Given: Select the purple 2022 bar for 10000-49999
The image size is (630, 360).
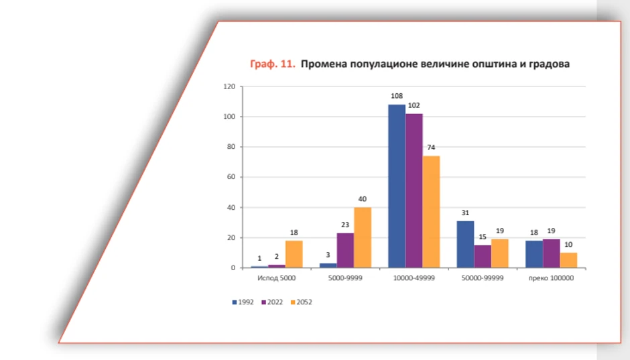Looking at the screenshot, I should [414, 191].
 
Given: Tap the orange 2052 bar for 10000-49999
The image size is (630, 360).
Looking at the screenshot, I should [431, 212].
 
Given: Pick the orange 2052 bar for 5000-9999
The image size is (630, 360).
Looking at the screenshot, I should [363, 238].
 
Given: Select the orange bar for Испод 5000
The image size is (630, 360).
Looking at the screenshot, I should [294, 255].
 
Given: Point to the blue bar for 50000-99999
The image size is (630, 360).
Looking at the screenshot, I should [466, 245].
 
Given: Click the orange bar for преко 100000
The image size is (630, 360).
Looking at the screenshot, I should [568, 261].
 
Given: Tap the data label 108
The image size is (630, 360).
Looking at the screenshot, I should [397, 97].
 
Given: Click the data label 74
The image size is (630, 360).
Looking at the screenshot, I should [431, 148].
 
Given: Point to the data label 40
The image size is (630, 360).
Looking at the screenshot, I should [363, 199].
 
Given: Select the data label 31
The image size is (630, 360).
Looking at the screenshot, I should [466, 213].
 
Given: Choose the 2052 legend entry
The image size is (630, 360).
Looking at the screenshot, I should [301, 302].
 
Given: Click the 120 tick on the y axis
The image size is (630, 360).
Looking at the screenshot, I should [229, 86].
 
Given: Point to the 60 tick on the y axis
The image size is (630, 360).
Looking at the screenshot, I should [231, 178].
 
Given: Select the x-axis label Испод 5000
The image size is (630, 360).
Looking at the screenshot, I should [276, 278].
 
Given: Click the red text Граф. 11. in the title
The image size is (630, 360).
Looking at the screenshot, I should [272, 64].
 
